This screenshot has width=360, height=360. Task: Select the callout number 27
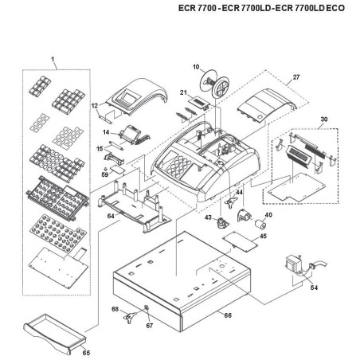click(x=296, y=76)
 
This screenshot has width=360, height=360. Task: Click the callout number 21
click(x=182, y=93)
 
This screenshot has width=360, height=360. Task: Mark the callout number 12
click(x=95, y=104)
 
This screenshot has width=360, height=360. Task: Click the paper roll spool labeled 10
click(x=214, y=82)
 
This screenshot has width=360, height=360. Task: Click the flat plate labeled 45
click(x=240, y=238)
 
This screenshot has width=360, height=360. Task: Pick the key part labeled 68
click(x=127, y=319)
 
